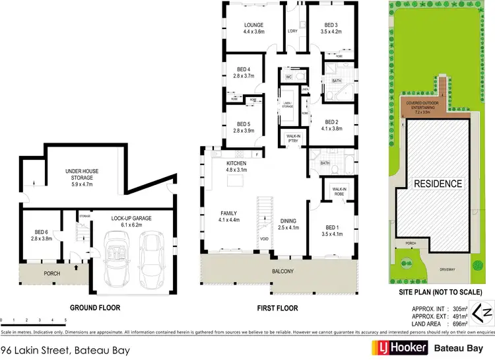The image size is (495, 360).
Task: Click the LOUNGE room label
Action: [253, 26]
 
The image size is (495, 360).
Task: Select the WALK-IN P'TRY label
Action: [292, 139]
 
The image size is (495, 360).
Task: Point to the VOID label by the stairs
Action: [264, 239]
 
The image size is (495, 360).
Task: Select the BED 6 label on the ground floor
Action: [42, 231]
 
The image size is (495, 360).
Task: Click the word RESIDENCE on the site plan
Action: [438, 183]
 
